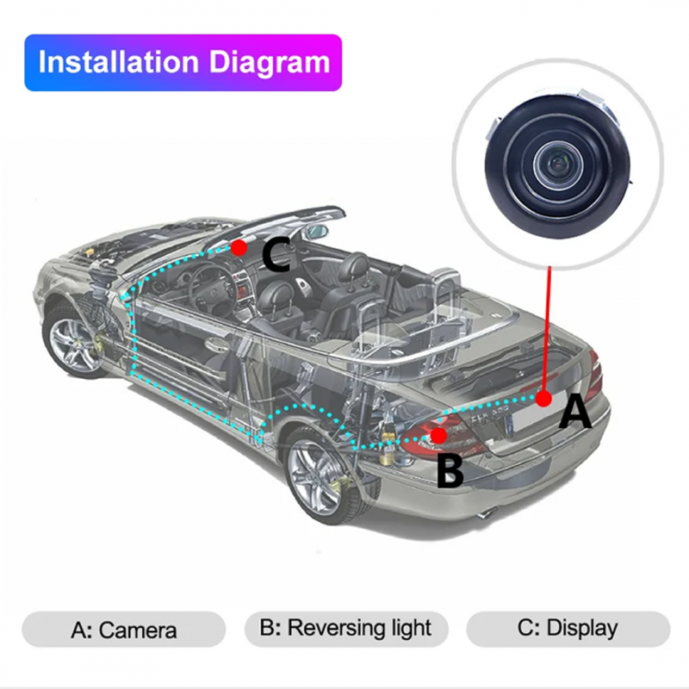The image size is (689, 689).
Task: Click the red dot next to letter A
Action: tap(543, 398)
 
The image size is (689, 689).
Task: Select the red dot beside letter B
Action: tap(439, 435)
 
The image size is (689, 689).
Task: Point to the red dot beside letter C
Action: tap(239, 247)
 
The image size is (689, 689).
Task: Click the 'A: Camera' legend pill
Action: tap(123, 630)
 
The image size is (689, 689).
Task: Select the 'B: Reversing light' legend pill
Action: tap(345, 628)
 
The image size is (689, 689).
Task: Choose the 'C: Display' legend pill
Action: tap(568, 628)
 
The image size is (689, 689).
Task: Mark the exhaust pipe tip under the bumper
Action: tap(487, 514)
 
